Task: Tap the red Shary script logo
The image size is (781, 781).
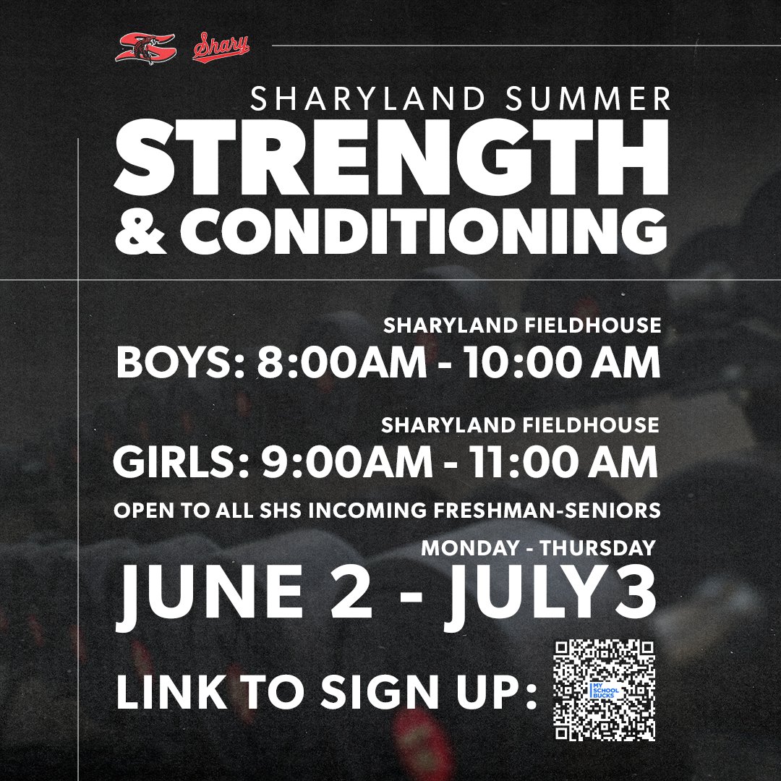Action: click(x=221, y=48)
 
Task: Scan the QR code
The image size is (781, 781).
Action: click(x=604, y=691)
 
